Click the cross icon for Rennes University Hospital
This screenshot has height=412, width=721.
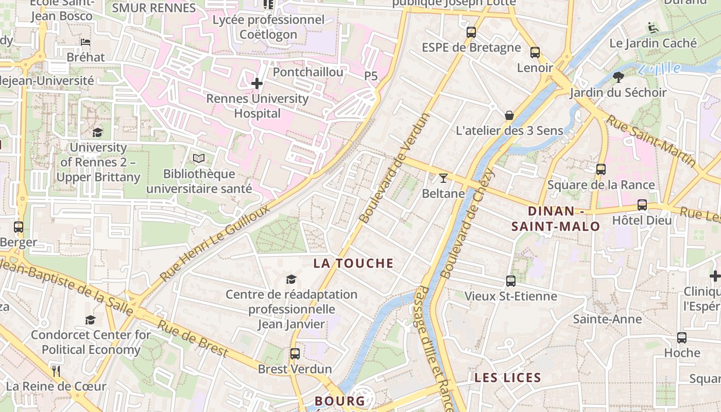256,83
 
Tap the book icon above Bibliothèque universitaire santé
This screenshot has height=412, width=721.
199,159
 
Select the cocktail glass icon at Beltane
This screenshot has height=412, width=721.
443,178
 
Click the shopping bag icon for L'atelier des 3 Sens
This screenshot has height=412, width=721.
509,115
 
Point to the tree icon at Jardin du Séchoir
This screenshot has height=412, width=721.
618,77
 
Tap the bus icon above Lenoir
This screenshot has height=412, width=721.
535,52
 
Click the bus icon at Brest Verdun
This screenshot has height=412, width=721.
295,354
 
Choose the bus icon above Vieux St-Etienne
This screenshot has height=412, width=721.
510,281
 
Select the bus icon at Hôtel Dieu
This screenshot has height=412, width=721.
642,204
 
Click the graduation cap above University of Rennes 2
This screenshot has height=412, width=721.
97,132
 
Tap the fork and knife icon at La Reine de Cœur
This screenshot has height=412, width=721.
56,371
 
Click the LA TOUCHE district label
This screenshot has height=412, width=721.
353,263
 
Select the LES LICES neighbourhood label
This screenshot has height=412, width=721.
507,377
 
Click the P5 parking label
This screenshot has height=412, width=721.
371,76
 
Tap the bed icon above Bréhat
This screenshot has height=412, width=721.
85,42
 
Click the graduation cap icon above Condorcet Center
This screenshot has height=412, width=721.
91,320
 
